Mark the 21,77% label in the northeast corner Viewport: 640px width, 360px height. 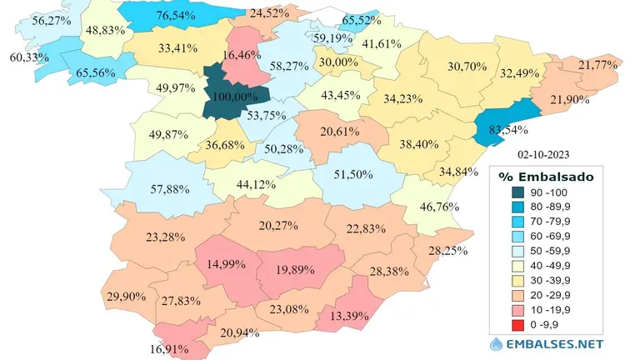click(x=597, y=65)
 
